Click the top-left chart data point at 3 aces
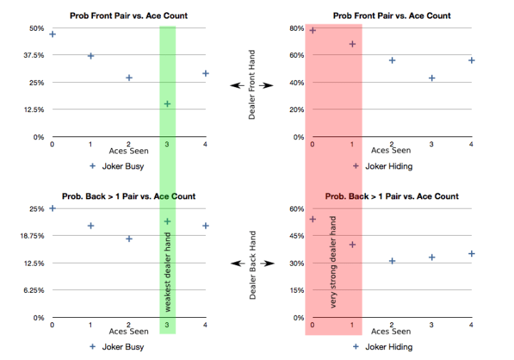tap(167, 104)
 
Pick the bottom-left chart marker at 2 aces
tap(129, 239)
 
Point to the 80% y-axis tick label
tap(296, 29)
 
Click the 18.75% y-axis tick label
tap(31, 236)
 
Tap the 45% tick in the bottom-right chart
tap(296, 236)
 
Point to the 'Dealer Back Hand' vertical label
tap(252, 265)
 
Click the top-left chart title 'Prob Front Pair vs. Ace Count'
tap(128, 16)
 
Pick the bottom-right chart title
tap(392, 196)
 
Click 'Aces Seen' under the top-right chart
tap(390, 150)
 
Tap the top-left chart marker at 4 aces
tap(206, 73)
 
